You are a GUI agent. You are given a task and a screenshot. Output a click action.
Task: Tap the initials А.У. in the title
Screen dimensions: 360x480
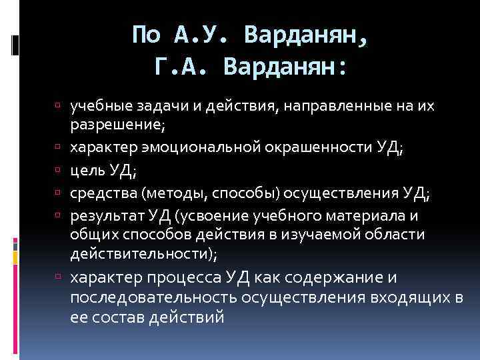203,33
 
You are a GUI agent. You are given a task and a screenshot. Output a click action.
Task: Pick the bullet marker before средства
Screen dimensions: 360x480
59,193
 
